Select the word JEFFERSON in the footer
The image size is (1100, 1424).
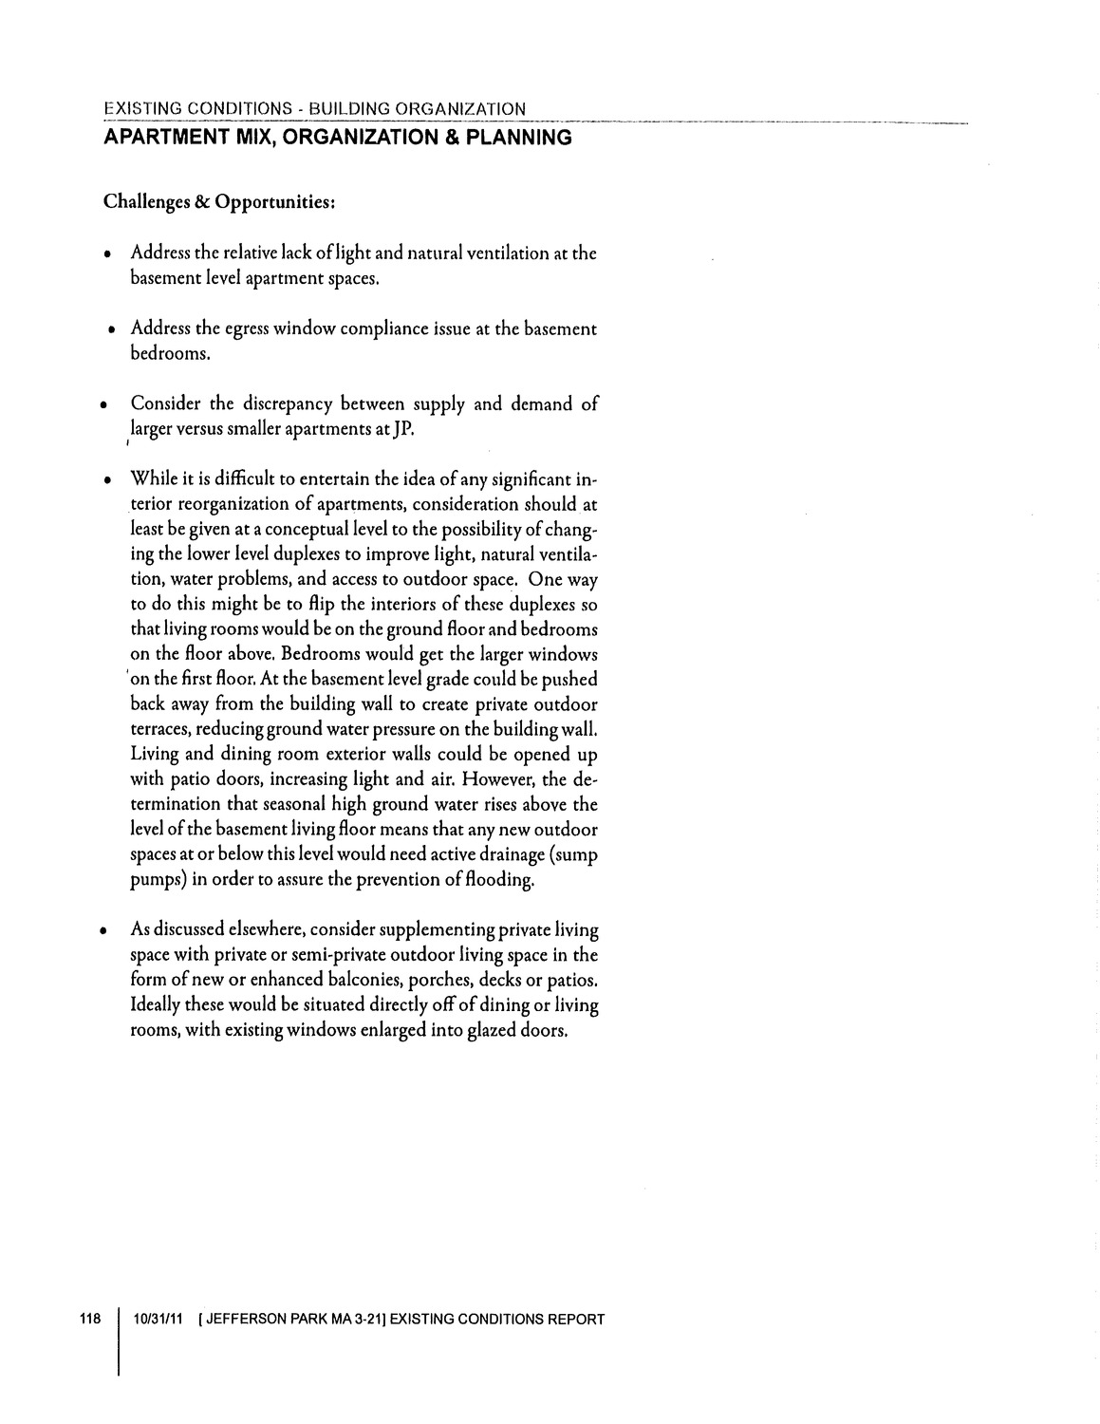tap(247, 1319)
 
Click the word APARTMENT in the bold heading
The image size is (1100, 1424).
tap(166, 139)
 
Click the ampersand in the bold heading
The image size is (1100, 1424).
tap(436, 139)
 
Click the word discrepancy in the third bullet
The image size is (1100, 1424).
tap(287, 404)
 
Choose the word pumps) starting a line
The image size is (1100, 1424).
tap(158, 879)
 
